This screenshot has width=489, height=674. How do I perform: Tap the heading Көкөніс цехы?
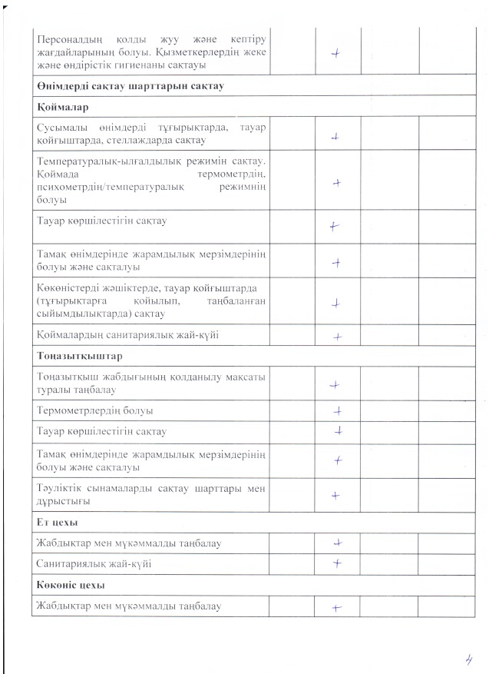click(x=68, y=586)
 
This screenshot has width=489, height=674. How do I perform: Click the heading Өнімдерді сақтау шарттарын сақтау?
click(x=130, y=87)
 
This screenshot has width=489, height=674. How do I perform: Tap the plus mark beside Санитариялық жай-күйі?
click(x=336, y=564)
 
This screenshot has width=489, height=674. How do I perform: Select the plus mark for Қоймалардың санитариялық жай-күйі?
click(x=336, y=337)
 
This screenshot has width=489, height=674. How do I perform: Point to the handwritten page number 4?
click(x=467, y=659)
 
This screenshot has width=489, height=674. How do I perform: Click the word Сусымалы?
click(x=59, y=127)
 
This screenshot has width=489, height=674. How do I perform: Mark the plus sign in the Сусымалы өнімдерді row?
click(x=335, y=137)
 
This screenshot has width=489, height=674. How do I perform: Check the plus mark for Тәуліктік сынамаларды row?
click(x=335, y=496)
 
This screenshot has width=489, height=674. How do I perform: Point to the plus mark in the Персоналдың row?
click(x=335, y=53)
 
